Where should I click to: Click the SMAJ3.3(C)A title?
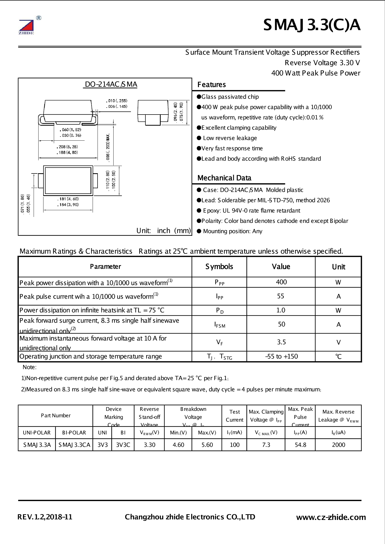tap(312, 26)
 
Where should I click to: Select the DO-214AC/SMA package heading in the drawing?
tap(111, 85)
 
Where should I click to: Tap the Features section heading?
tap(211, 85)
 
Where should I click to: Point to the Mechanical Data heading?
tap(224, 178)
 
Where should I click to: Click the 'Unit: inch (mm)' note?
tap(164, 230)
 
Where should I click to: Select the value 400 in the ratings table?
tap(281, 282)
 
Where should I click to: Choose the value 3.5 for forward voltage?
tap(281, 342)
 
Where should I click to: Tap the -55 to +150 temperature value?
tap(281, 356)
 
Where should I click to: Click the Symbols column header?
tap(219, 267)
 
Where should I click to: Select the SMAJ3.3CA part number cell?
tap(74, 445)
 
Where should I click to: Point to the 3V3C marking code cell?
tap(123, 445)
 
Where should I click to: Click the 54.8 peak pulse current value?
tap(300, 445)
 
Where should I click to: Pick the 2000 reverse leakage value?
tap(338, 445)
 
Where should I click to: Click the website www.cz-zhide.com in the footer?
tap(331, 517)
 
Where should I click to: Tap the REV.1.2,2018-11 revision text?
tap(45, 517)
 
